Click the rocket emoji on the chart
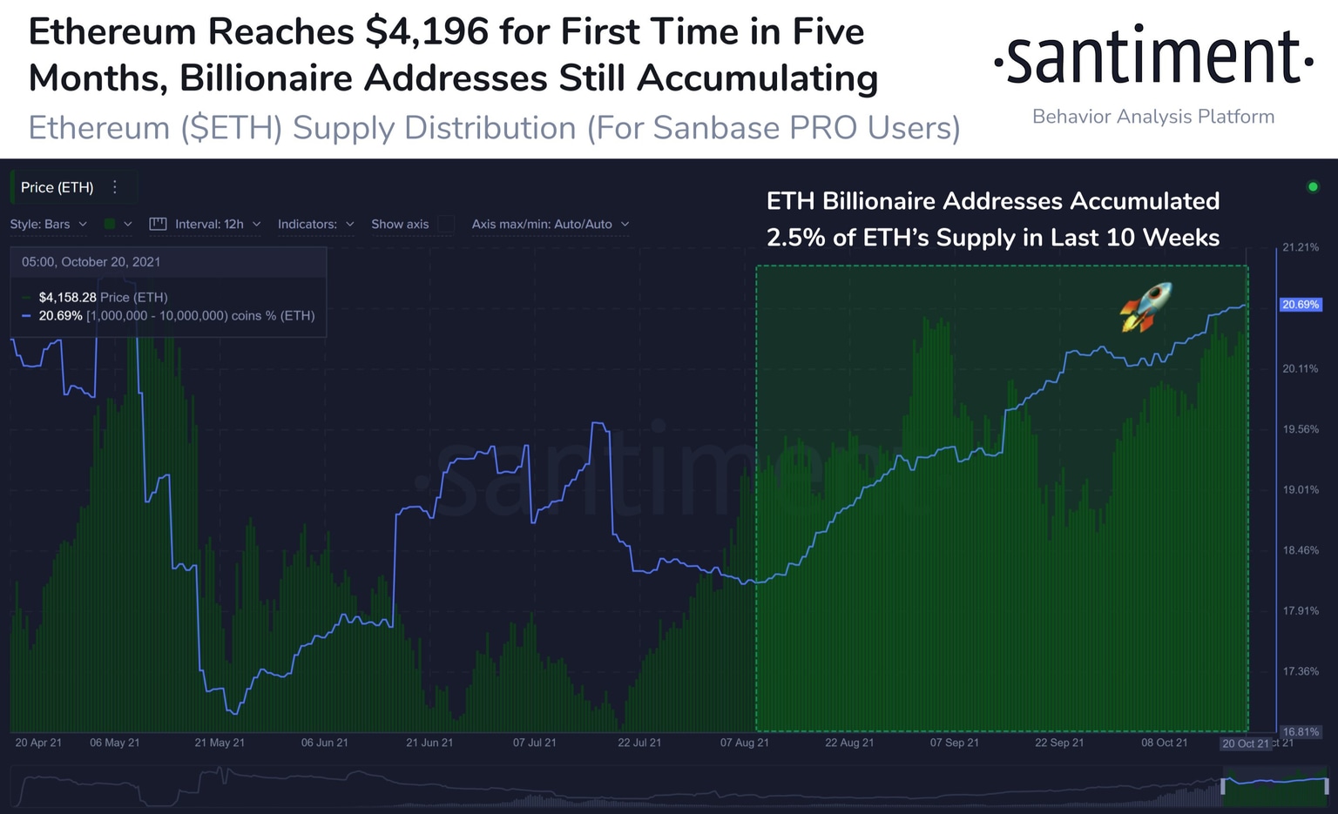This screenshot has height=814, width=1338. (x=1146, y=306)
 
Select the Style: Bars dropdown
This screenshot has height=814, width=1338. (x=49, y=224)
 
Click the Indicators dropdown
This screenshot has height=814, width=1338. (x=315, y=224)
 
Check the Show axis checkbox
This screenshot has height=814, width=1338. (x=445, y=224)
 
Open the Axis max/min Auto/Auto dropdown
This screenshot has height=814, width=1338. (x=550, y=224)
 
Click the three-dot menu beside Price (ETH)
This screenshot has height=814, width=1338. (x=115, y=187)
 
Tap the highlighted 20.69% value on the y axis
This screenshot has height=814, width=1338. (x=1300, y=305)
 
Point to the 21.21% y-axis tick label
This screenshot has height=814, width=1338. (x=1300, y=247)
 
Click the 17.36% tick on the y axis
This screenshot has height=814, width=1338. (x=1300, y=671)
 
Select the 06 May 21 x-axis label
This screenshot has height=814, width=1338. (x=114, y=743)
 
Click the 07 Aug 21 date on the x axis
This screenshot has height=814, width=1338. (x=744, y=743)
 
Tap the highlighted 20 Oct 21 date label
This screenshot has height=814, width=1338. (x=1245, y=743)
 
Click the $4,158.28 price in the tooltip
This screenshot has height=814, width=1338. (x=67, y=297)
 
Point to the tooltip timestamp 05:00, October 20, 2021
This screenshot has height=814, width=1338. (x=91, y=262)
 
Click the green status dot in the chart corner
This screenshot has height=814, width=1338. (x=1313, y=186)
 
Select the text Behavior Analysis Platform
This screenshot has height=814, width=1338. (x=1152, y=117)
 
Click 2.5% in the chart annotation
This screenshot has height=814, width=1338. (x=795, y=238)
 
